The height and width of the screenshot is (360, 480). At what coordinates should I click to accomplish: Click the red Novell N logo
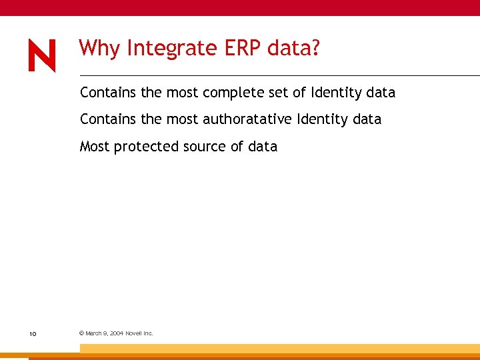pos(42,55)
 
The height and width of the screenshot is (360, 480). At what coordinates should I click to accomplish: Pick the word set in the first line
pos(279,93)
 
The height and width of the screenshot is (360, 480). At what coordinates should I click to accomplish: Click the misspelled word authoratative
pos(248,119)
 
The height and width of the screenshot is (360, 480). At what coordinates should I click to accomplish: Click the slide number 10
pos(32,333)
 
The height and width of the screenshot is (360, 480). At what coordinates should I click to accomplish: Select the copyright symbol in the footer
pos(81,333)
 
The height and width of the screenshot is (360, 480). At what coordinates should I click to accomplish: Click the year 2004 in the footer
pos(116,333)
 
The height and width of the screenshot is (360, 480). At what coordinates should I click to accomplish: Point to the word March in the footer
pos(93,333)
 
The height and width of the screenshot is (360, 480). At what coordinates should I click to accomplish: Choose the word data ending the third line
pos(263,147)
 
